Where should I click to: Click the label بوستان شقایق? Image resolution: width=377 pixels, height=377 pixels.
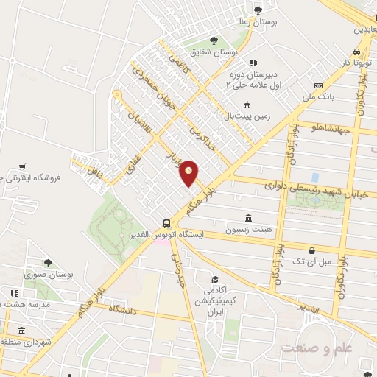pos(214,52)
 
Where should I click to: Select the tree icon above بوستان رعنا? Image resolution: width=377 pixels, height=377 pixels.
pos(257,10)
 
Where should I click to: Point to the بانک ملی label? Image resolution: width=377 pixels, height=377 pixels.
pos(323,96)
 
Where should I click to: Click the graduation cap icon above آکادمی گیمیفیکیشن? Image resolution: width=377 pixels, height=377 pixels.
pos(214,280)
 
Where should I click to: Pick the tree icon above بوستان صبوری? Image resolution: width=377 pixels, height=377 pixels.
pos(48,262)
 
